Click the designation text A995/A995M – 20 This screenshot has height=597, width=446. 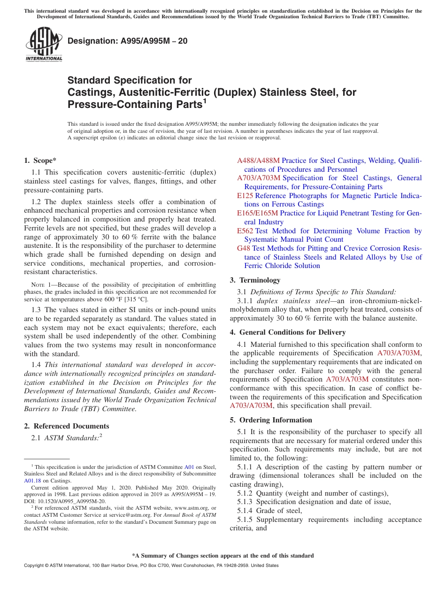point(127,41)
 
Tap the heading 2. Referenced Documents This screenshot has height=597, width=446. point(67,426)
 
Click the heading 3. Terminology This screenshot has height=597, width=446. point(255,280)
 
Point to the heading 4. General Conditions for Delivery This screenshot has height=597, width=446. point(288,332)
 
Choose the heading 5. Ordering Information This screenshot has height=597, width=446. point(271,420)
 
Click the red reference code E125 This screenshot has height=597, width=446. point(245,196)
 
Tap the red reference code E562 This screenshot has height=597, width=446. point(245,231)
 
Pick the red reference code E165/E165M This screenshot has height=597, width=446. point(257,213)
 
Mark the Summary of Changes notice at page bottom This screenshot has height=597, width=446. point(223,556)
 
